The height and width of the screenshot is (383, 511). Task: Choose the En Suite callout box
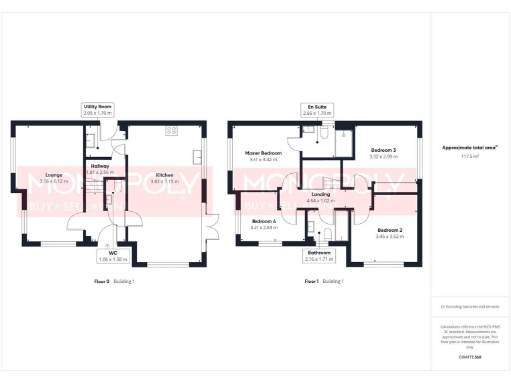pyautogui.click(x=316, y=111)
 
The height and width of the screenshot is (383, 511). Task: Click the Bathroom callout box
pyautogui.click(x=319, y=255)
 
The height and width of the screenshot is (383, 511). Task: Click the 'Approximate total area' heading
pyautogui.click(x=468, y=147)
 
